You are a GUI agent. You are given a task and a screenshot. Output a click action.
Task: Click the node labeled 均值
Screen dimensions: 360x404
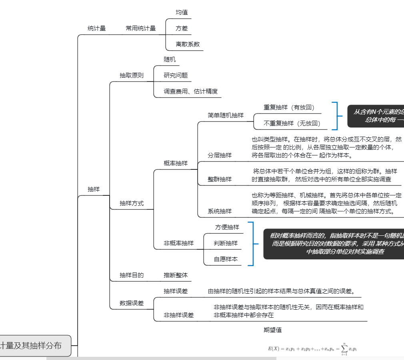182,12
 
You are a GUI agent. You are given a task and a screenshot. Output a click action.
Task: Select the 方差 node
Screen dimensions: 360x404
182,28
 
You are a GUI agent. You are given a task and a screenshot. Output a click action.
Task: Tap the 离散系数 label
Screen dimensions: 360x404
188,44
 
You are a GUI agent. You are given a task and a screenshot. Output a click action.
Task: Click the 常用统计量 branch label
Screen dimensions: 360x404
140,28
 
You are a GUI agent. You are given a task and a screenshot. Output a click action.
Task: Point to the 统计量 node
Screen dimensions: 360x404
96,28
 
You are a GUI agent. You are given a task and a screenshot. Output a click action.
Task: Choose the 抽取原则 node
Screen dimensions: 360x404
132,75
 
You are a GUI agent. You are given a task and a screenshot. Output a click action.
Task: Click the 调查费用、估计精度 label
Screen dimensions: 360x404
190,91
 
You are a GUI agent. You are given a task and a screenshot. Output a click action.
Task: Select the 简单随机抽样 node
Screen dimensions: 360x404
225,115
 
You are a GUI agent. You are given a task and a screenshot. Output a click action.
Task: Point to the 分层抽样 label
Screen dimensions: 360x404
219,155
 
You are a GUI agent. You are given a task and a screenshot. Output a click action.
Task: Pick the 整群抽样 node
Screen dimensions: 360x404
219,179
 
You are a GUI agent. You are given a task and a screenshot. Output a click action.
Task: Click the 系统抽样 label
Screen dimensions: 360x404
219,211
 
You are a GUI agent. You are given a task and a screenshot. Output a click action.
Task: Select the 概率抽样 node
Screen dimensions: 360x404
175,163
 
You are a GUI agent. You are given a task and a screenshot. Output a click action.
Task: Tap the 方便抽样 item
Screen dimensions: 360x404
227,227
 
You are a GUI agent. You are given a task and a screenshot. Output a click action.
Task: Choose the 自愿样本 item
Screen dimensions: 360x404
226,259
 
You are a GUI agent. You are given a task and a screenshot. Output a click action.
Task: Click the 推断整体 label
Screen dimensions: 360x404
175,275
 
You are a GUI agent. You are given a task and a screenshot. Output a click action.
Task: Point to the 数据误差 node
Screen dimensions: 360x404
132,303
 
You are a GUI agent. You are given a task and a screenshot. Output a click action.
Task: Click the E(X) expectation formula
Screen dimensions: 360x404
312,348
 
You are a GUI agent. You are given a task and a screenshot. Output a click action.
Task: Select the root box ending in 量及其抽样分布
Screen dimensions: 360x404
34,346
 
